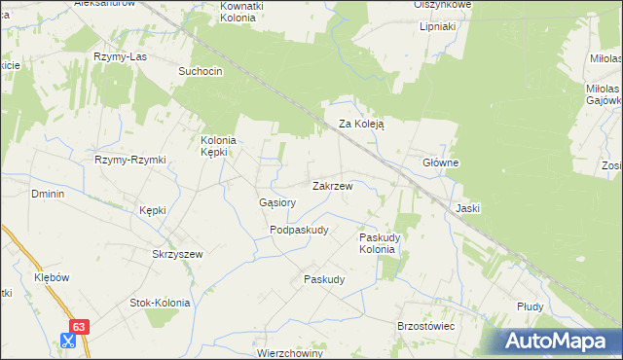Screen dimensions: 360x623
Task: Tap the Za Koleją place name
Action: click(x=362, y=125)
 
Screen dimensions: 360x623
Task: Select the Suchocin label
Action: click(x=201, y=71)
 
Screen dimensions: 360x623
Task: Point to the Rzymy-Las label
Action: click(x=119, y=56)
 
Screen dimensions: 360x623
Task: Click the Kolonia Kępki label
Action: click(x=220, y=145)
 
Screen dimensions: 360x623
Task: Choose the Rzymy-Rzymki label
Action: click(x=130, y=160)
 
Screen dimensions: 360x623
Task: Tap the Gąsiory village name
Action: click(x=277, y=202)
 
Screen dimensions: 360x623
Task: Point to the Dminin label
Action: click(x=48, y=194)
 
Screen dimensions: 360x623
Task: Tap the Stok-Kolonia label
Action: click(x=160, y=303)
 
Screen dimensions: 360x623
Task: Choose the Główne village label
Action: click(x=440, y=162)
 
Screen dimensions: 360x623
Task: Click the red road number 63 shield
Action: click(x=80, y=328)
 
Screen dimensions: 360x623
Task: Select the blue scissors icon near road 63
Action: click(x=68, y=341)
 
